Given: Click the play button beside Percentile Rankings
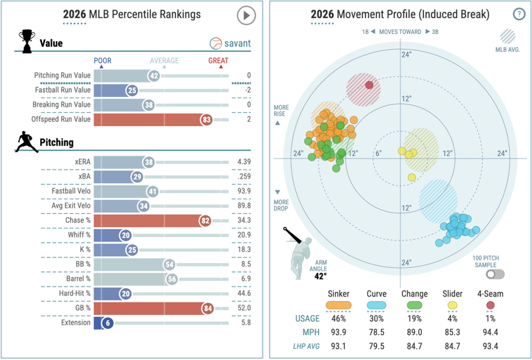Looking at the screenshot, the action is click(246, 15).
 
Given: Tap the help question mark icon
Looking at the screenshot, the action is click(519, 15).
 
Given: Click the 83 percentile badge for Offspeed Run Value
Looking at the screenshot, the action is click(206, 119).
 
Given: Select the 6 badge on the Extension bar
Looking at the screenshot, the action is click(108, 323).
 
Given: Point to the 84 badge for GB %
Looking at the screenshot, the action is click(208, 308).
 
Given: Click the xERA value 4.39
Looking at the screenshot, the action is click(244, 162).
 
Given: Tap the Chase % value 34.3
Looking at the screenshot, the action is click(244, 220).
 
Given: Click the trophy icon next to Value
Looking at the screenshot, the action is click(27, 42).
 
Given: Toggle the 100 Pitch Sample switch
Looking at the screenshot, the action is click(495, 274).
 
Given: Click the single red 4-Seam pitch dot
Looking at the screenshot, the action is click(369, 85).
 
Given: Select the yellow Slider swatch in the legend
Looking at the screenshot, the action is click(452, 305).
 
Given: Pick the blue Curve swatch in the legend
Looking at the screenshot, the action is click(376, 305).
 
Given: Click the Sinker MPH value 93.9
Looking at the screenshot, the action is click(338, 332).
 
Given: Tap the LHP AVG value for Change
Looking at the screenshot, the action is click(414, 346).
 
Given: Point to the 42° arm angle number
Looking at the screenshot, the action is click(320, 276).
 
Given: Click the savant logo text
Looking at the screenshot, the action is click(238, 44).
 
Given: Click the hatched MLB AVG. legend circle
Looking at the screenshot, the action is click(508, 37).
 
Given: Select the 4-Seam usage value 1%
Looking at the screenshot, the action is click(490, 318).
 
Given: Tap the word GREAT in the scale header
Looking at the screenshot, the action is click(218, 61).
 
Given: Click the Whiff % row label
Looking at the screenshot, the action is click(79, 235).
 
